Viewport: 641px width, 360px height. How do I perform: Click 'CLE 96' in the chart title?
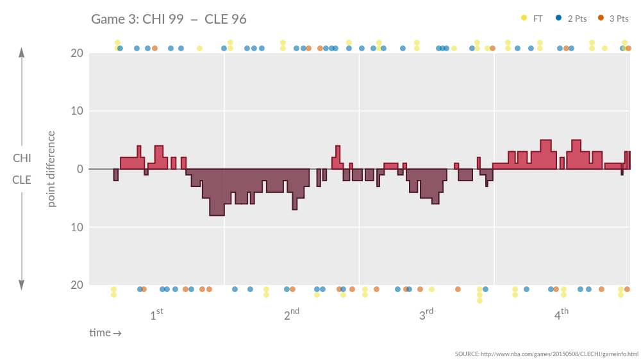226,19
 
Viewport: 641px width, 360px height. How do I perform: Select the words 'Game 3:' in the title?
113,19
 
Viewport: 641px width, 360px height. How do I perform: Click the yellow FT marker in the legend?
524,19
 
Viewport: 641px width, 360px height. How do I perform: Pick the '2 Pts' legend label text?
577,19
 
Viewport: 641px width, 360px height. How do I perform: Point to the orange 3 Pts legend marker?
601,19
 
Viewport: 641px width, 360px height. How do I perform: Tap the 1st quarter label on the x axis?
156,315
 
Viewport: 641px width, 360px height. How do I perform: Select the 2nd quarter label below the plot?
291,315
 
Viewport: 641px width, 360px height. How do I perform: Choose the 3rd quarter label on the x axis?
426,315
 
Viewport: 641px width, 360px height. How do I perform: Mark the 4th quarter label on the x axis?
561,315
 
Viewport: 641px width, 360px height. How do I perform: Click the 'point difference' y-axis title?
51,169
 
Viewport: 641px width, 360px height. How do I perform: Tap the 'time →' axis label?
105,333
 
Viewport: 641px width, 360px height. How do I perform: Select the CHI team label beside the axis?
22,158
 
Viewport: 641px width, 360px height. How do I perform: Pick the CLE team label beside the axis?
22,180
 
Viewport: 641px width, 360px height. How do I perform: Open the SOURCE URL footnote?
546,354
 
